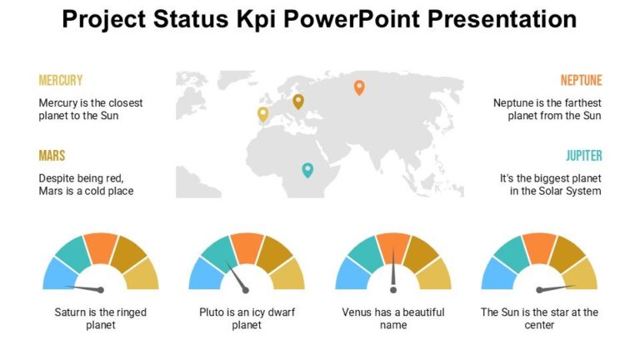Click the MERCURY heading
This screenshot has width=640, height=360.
click(60, 81)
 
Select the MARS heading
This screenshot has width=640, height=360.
click(52, 156)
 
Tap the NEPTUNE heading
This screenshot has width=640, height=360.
click(581, 81)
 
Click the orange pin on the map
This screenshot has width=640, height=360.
click(359, 87)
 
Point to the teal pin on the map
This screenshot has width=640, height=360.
click(307, 170)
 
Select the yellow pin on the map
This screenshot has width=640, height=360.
click(263, 114)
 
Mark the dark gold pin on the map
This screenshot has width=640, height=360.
click(298, 101)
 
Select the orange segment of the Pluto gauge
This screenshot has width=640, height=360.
click(247, 247)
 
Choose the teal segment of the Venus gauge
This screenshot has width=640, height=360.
click(366, 254)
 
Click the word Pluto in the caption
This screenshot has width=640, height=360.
click(212, 312)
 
